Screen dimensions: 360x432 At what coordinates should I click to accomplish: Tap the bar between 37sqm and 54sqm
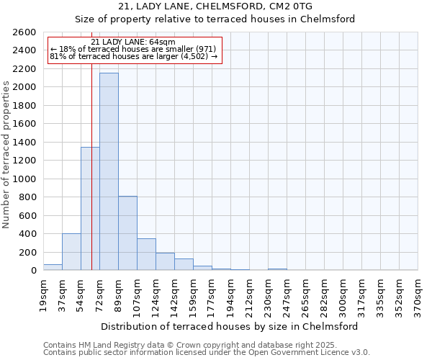pyautogui.click(x=71, y=252)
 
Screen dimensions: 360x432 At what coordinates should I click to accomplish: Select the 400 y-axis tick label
pyautogui.click(x=29, y=234)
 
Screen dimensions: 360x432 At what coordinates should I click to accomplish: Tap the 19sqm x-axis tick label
pyautogui.click(x=43, y=294)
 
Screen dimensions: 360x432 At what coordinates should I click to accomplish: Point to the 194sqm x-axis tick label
pyautogui.click(x=230, y=295)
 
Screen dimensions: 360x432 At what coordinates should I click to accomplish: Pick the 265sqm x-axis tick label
pyautogui.click(x=305, y=295)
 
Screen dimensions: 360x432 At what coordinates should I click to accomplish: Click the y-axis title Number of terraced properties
pyautogui.click(x=7, y=155)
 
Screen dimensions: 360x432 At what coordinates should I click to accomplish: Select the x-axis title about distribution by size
pyautogui.click(x=230, y=326)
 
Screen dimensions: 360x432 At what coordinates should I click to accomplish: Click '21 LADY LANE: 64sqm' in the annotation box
pyautogui.click(x=134, y=42)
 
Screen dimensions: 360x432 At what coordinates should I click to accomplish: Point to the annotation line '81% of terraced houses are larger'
pyautogui.click(x=134, y=56)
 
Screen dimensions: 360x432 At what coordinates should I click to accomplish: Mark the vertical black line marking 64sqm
pyautogui.click(x=91, y=180)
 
